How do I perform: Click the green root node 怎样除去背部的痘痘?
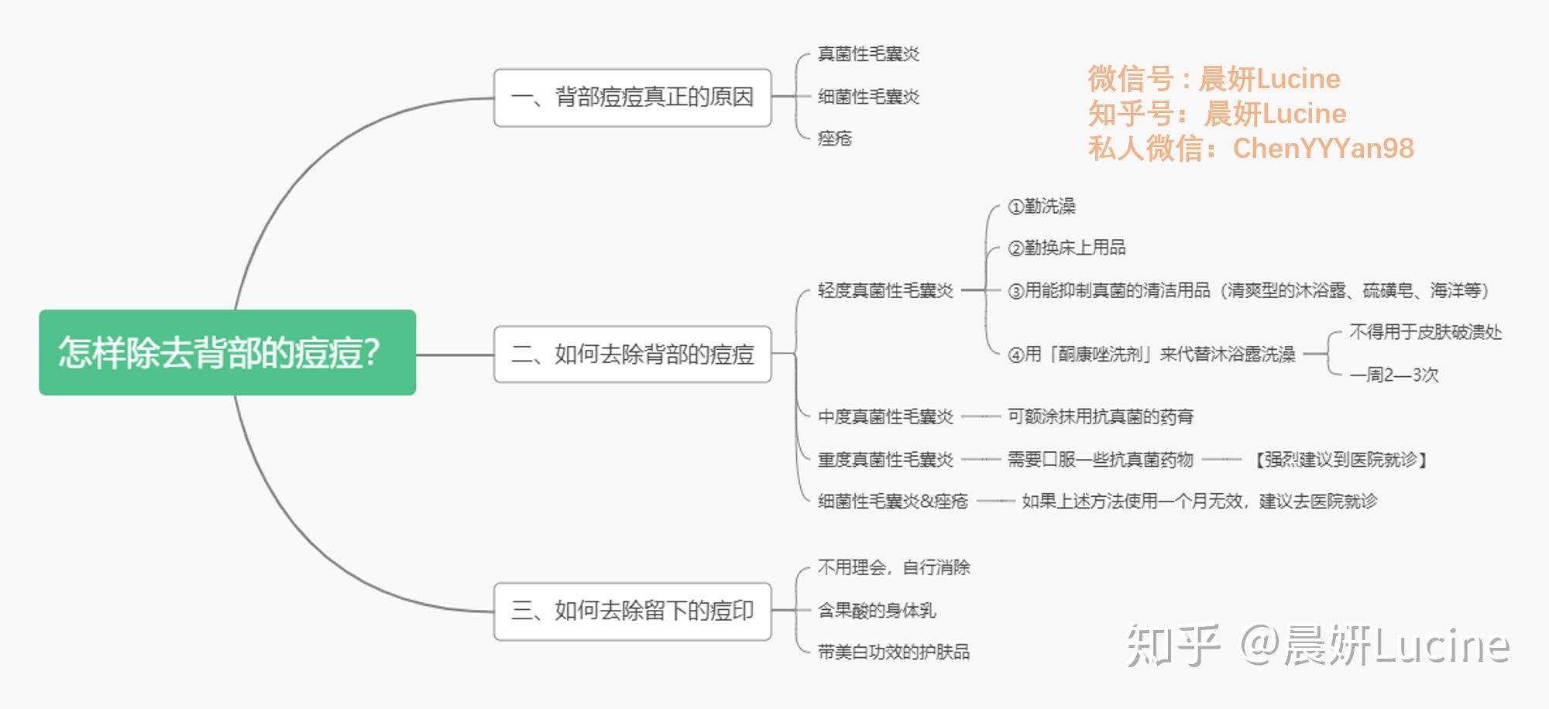227,352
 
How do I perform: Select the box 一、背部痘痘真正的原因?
632,98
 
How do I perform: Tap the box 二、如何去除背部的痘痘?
632,354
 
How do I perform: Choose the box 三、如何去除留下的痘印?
632,611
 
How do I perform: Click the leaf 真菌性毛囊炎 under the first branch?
868,54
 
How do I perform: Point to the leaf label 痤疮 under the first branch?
835,139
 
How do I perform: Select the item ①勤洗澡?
1041,207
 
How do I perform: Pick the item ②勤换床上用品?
1066,248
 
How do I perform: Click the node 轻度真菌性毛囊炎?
885,291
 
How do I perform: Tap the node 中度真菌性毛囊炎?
885,417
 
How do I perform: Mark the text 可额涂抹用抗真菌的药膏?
1100,417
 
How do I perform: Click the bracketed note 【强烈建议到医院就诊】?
1341,460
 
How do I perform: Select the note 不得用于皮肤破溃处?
1425,333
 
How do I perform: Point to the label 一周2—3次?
1393,375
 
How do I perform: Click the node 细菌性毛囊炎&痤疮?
892,502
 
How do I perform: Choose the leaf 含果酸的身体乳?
876,611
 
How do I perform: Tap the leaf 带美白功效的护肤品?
893,652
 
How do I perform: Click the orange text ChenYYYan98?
1323,149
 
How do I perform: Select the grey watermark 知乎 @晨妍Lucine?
1317,645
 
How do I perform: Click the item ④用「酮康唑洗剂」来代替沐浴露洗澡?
1151,354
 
